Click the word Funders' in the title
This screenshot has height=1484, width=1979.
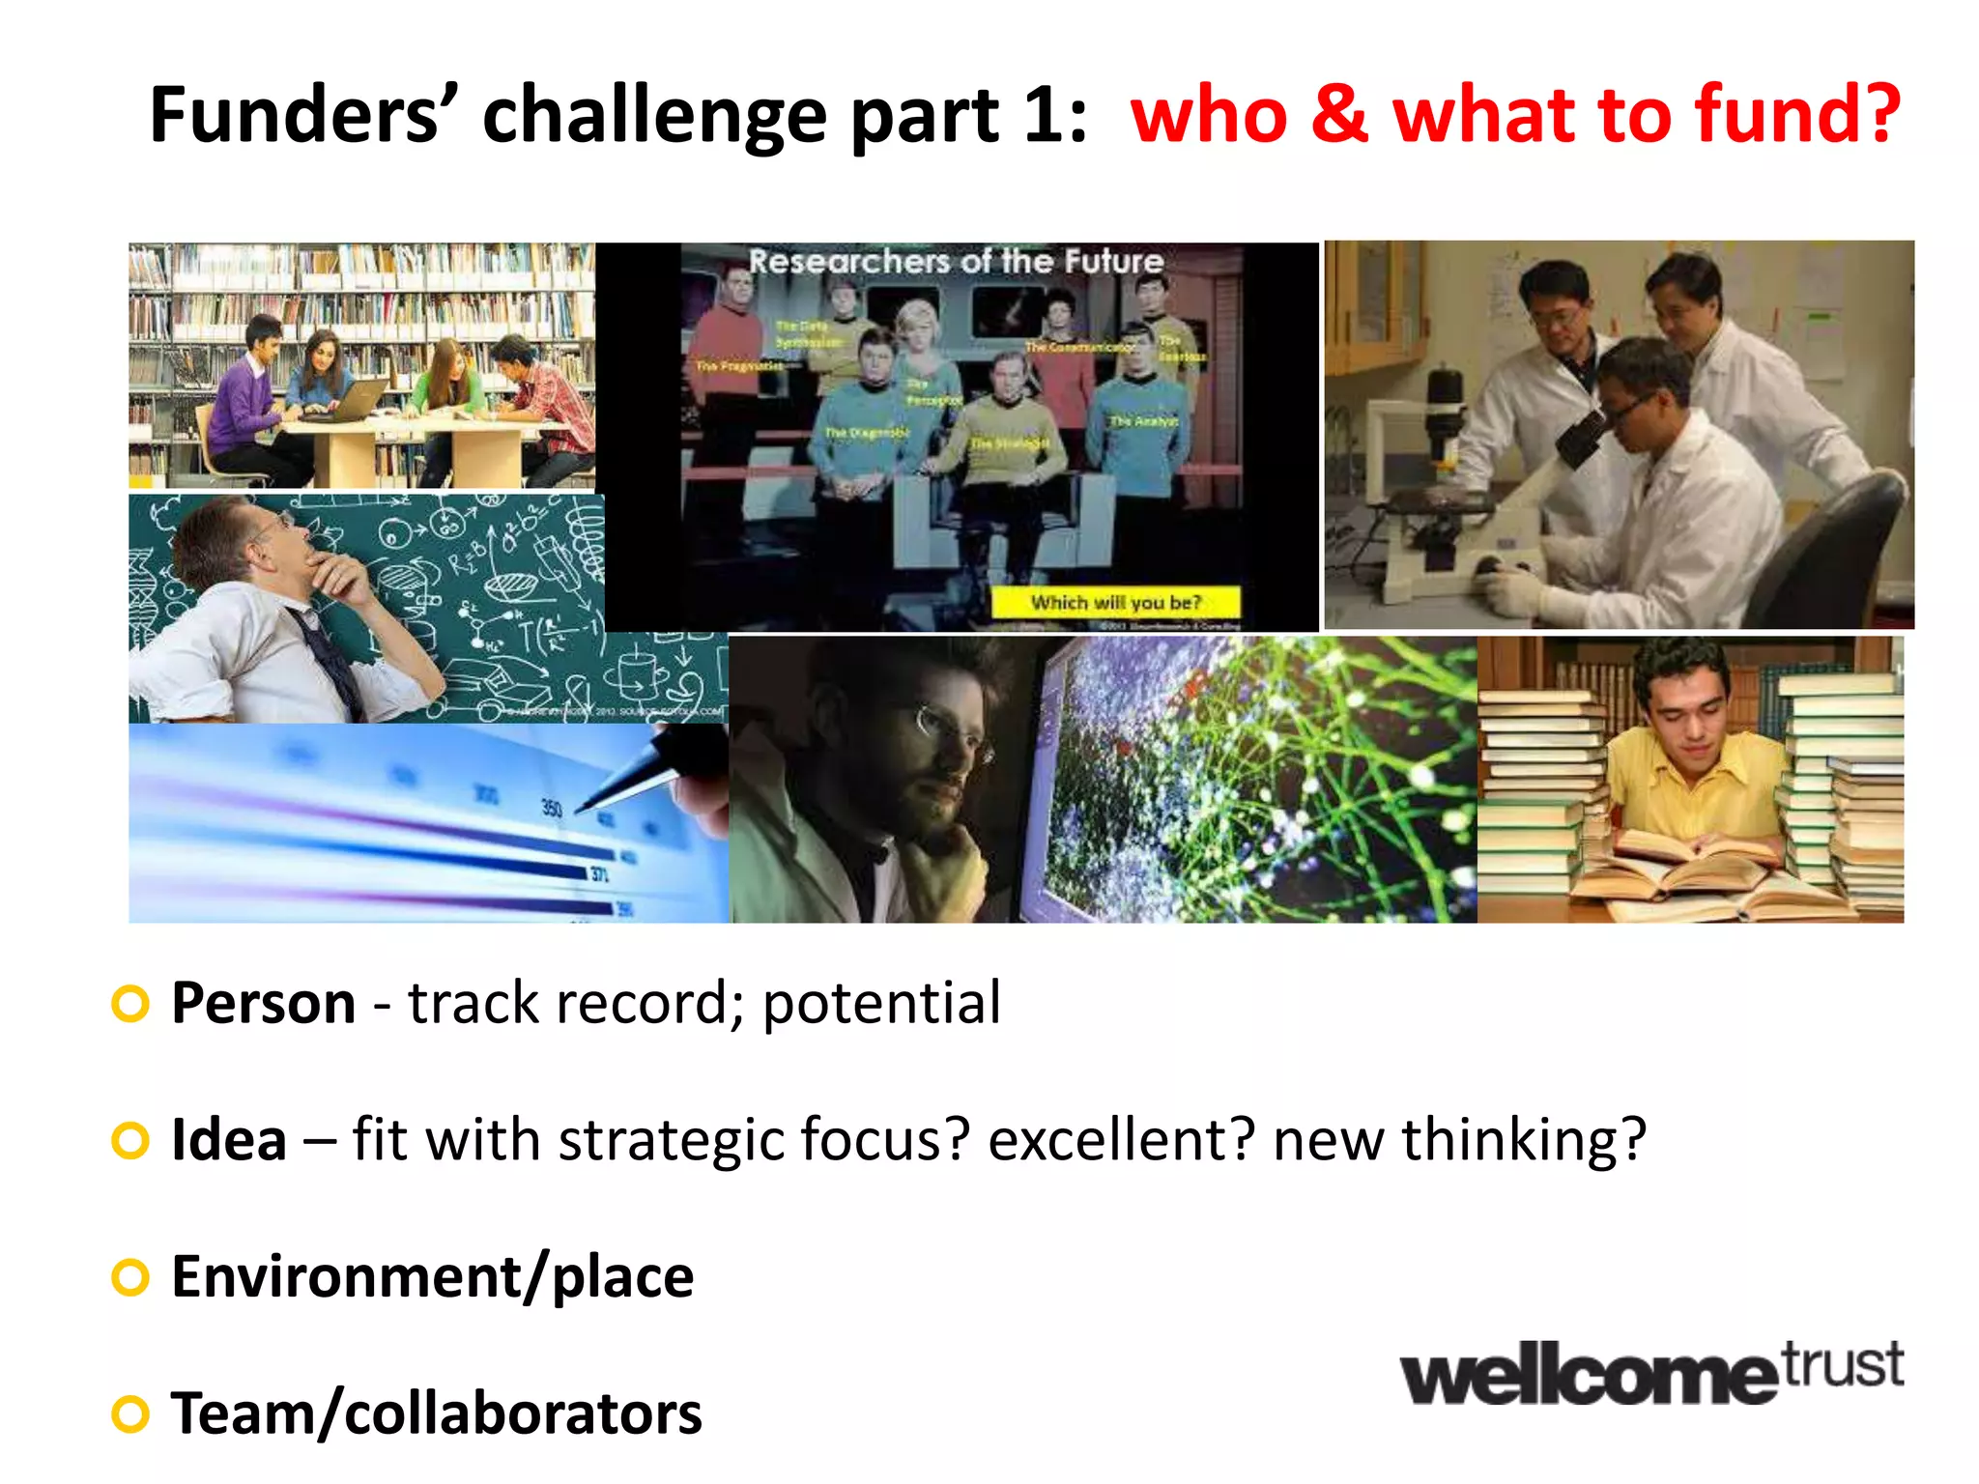click(295, 116)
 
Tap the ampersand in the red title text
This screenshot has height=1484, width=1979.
click(1339, 116)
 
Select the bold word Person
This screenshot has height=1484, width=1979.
click(263, 1003)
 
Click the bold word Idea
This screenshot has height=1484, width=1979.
click(229, 1140)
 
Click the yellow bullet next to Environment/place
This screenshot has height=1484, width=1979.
click(130, 1278)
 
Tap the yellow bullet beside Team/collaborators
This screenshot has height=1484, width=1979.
click(130, 1414)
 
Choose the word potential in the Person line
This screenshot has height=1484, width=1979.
click(881, 1005)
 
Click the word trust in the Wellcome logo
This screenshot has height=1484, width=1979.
click(1842, 1364)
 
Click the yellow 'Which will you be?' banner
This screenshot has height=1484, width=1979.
click(1115, 603)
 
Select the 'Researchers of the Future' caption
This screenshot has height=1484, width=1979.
click(956, 261)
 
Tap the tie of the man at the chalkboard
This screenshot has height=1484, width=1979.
click(329, 657)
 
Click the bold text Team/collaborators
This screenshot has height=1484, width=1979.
click(436, 1414)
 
